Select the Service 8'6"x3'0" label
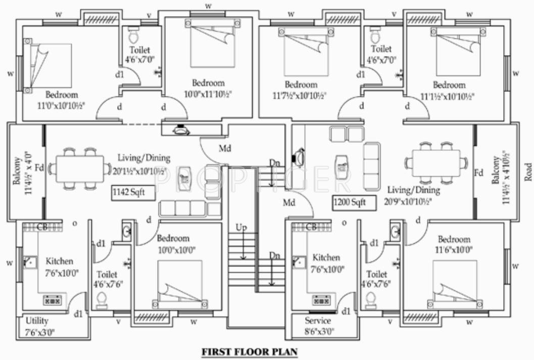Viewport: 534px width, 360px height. point(318,326)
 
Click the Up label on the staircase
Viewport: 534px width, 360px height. point(241,228)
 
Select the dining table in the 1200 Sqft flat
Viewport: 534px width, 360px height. point(435,163)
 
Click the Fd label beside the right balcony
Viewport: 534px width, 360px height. point(478,173)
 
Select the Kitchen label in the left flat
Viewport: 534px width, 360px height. point(60,261)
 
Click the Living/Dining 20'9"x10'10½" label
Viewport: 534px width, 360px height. point(413,196)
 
